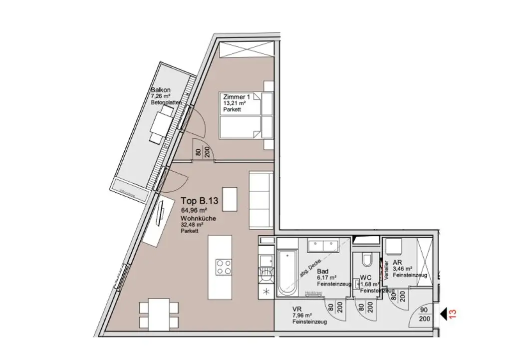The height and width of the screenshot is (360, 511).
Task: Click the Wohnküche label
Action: coord(196,219)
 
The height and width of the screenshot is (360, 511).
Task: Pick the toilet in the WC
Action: coord(366,261)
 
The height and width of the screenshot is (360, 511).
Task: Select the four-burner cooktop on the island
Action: coord(223,267)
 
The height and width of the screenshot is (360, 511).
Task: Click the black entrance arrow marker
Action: coord(443,314)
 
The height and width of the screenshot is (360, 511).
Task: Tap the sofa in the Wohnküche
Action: coord(260,200)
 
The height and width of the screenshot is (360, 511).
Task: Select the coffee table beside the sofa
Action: coord(230,199)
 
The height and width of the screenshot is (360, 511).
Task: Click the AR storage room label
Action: coord(398,262)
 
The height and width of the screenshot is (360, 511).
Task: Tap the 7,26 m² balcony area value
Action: coord(161,97)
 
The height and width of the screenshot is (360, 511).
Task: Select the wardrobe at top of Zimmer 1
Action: coord(246,51)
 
